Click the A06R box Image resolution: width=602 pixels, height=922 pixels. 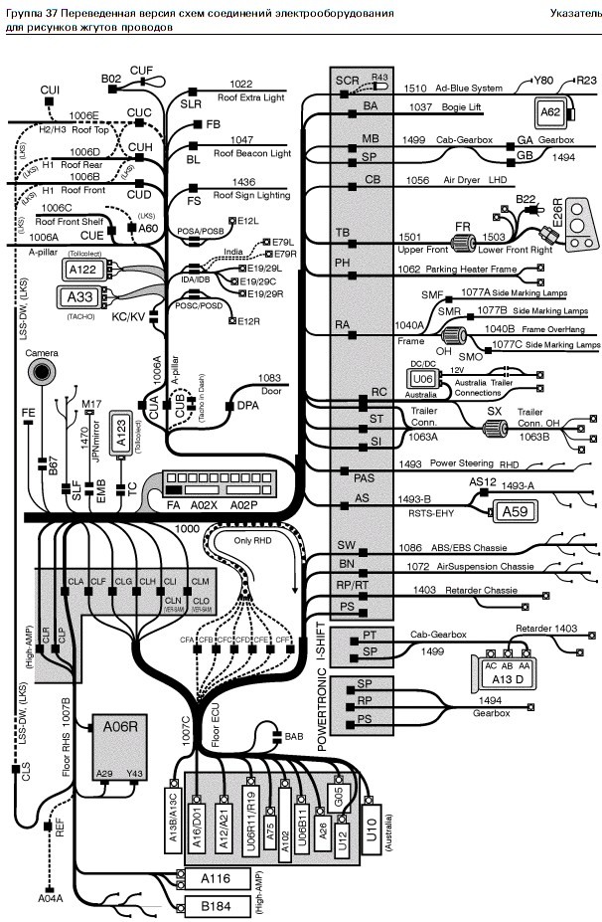click(120, 740)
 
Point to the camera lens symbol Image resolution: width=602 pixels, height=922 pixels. click(42, 371)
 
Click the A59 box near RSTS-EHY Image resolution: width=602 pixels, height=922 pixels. click(515, 512)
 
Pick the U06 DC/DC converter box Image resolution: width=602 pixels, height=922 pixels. click(422, 379)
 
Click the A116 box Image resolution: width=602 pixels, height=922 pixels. click(216, 879)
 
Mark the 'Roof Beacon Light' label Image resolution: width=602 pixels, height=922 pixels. click(253, 153)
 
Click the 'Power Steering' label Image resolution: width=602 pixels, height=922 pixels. click(456, 463)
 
